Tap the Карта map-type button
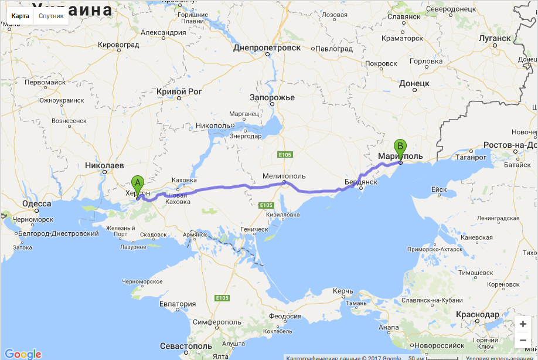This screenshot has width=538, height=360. click(x=20, y=16)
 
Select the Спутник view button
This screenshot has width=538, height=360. click(x=51, y=16)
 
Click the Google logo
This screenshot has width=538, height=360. click(x=23, y=354)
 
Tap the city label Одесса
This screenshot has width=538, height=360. click(x=36, y=204)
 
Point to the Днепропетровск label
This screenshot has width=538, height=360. click(x=267, y=47)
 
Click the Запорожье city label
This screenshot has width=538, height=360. click(x=272, y=97)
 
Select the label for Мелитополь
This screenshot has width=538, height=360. click(x=284, y=175)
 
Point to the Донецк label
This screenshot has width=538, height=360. click(x=414, y=83)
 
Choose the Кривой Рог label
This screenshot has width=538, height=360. click(x=179, y=91)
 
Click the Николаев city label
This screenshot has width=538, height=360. click(x=104, y=165)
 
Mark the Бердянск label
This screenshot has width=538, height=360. click(x=360, y=182)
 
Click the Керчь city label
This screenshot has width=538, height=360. click(x=343, y=291)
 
